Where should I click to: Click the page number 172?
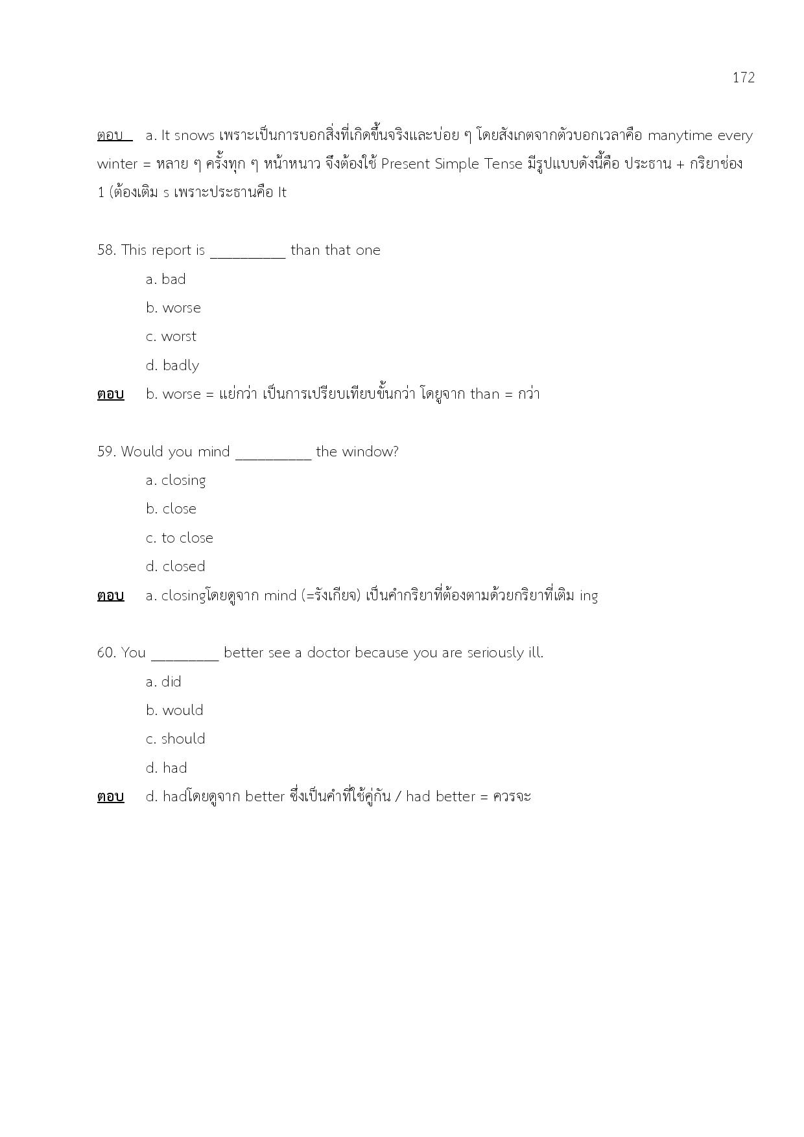pos(743,78)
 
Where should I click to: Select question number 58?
pos(106,250)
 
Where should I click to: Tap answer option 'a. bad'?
pos(166,279)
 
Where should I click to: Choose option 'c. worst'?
pos(171,336)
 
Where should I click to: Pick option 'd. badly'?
pos(172,366)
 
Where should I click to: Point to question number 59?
pos(106,452)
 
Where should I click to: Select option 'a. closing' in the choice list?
pos(176,480)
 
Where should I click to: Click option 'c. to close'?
pos(179,538)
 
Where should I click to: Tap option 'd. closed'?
pos(175,567)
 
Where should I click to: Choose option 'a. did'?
pos(163,682)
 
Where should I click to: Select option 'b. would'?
pos(174,710)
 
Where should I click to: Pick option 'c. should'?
pos(175,739)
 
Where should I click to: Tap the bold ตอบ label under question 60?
pos(110,797)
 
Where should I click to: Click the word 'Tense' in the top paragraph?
pos(503,164)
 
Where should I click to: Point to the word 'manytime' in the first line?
pos(680,135)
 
